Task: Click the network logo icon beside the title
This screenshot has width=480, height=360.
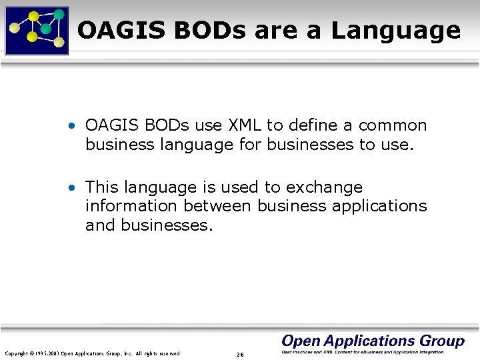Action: (37, 30)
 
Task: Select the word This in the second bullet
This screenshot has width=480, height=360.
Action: (101, 187)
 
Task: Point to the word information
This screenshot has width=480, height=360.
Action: (131, 206)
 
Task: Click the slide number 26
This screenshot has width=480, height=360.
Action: (240, 354)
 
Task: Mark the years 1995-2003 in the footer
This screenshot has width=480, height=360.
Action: (46, 353)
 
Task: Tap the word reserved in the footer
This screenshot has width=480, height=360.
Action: (168, 353)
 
